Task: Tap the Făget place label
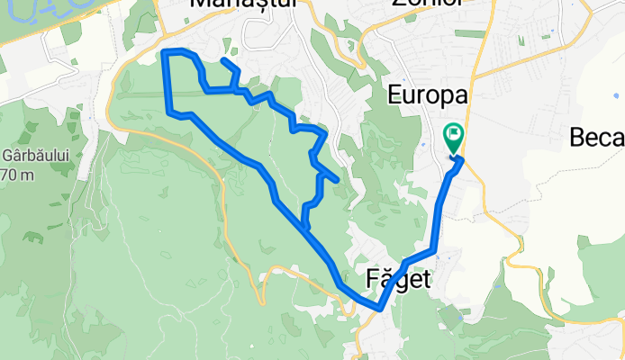(x=399, y=279)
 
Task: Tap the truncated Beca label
(x=597, y=138)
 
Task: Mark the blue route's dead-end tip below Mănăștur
(x=223, y=60)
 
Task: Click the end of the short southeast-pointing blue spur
(x=336, y=180)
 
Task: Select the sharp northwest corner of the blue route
(x=165, y=53)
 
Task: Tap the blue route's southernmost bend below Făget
(x=380, y=308)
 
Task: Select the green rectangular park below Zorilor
(x=469, y=33)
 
